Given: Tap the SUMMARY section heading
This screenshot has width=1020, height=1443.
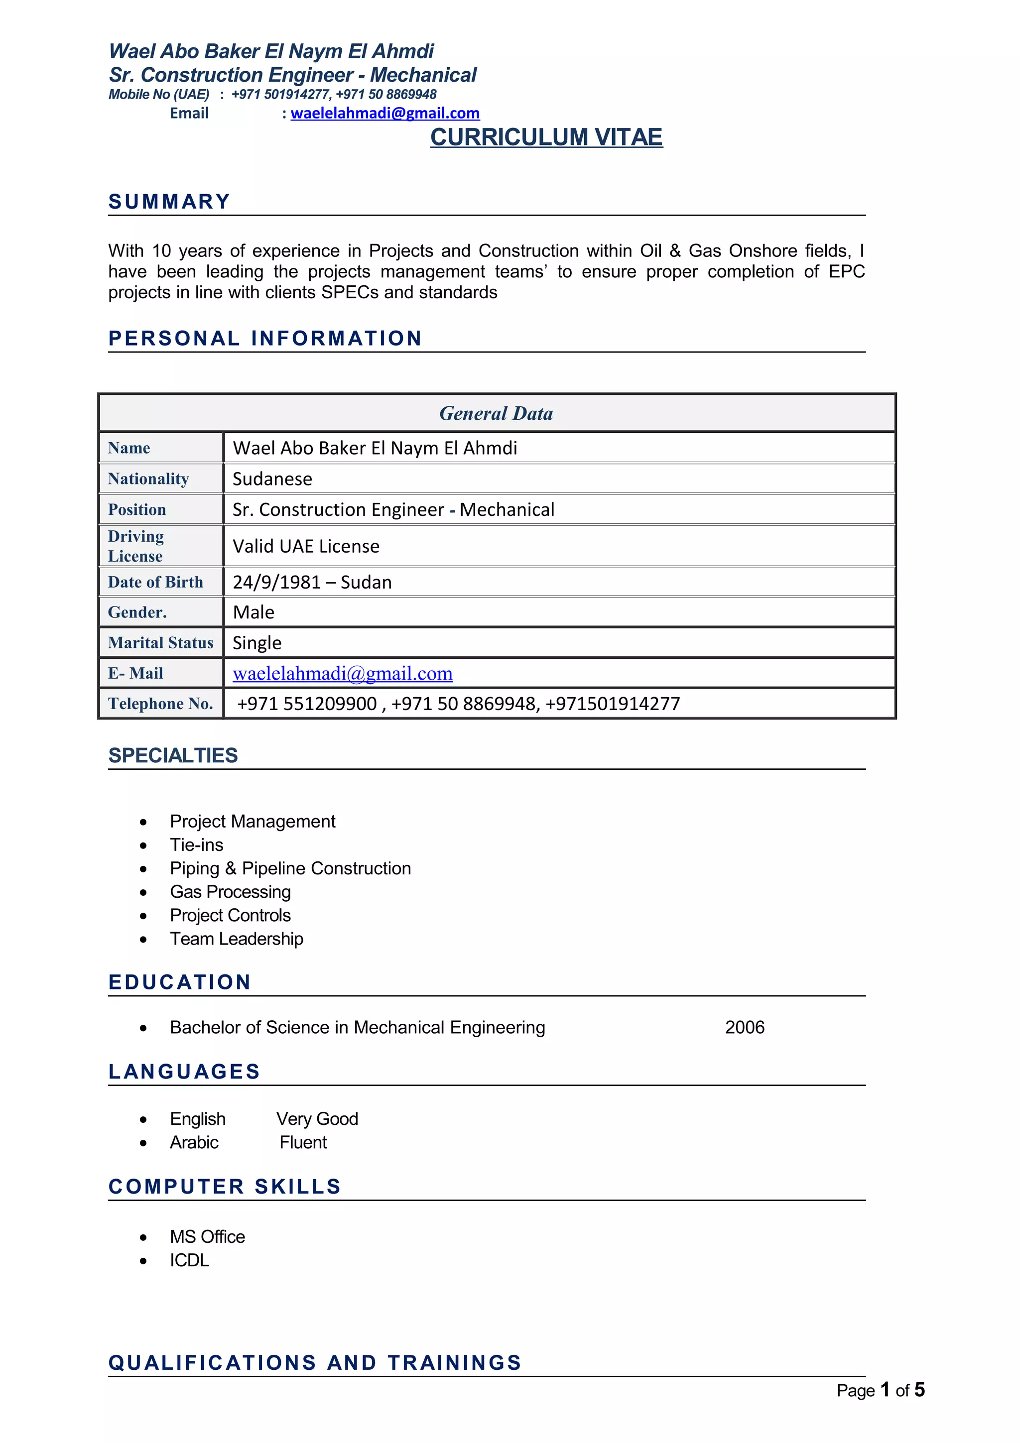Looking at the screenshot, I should click(x=169, y=202).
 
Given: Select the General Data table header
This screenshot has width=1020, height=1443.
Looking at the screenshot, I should click(x=496, y=414).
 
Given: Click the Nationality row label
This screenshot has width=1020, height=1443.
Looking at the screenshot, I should click(x=148, y=479).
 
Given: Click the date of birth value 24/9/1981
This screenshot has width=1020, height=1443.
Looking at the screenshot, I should click(x=277, y=582).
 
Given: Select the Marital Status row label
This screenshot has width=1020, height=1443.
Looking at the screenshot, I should click(x=160, y=642).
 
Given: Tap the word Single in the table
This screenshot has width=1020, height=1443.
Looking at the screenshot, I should click(x=257, y=642).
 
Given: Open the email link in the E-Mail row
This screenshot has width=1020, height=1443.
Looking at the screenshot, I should click(x=343, y=673).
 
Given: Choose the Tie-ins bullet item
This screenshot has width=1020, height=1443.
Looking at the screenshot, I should click(x=196, y=844).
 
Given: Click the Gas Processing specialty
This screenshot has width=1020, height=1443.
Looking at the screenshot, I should click(x=230, y=892).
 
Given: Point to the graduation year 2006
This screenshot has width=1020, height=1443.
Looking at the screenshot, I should click(x=745, y=1027).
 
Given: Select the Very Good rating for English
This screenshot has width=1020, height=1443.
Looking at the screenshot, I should click(x=317, y=1119).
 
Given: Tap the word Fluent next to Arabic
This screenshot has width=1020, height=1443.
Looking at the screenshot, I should click(x=303, y=1142).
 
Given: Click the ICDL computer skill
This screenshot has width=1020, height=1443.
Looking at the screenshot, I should click(x=189, y=1260).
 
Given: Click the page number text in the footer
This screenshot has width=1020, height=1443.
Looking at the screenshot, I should click(x=880, y=1390).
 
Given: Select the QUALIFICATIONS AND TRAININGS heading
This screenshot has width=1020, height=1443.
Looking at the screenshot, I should click(x=315, y=1362).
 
